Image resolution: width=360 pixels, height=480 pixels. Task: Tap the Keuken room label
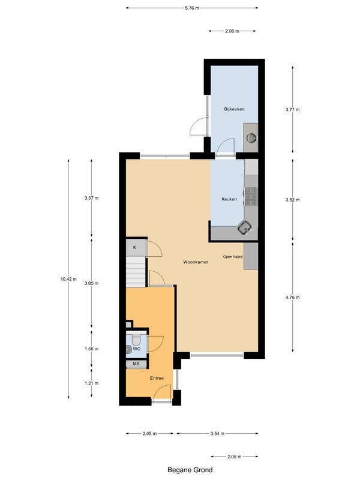(x=229, y=199)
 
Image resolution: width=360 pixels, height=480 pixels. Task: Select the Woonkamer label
(x=196, y=262)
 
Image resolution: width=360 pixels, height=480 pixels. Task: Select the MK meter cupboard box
(x=136, y=364)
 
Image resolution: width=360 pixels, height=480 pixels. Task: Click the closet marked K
(x=135, y=247)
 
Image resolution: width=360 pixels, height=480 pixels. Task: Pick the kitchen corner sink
(x=244, y=227)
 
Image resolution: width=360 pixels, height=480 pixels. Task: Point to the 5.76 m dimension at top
(x=192, y=8)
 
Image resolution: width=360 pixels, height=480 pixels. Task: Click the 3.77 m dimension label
(x=293, y=110)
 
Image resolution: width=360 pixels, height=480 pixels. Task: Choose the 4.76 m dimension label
(x=293, y=297)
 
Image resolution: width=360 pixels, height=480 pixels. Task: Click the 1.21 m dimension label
(x=91, y=383)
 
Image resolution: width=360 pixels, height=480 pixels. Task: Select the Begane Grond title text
(x=190, y=470)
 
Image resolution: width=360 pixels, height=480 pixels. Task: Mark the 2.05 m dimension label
(x=150, y=433)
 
